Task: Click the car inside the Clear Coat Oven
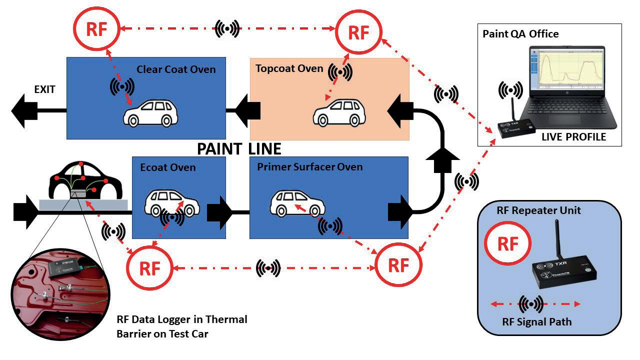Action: [x=150, y=113]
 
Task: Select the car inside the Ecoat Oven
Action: [x=171, y=202]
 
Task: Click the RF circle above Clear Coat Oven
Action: [x=96, y=29]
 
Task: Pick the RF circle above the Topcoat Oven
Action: [x=358, y=32]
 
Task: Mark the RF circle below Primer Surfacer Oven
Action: [x=398, y=265]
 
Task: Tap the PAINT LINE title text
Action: [x=239, y=148]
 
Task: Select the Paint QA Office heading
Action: [x=520, y=34]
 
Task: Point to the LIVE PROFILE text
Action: [x=573, y=136]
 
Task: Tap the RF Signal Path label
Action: [x=536, y=321]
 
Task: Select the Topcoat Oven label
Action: [x=289, y=68]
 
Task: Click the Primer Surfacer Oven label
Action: [x=309, y=166]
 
